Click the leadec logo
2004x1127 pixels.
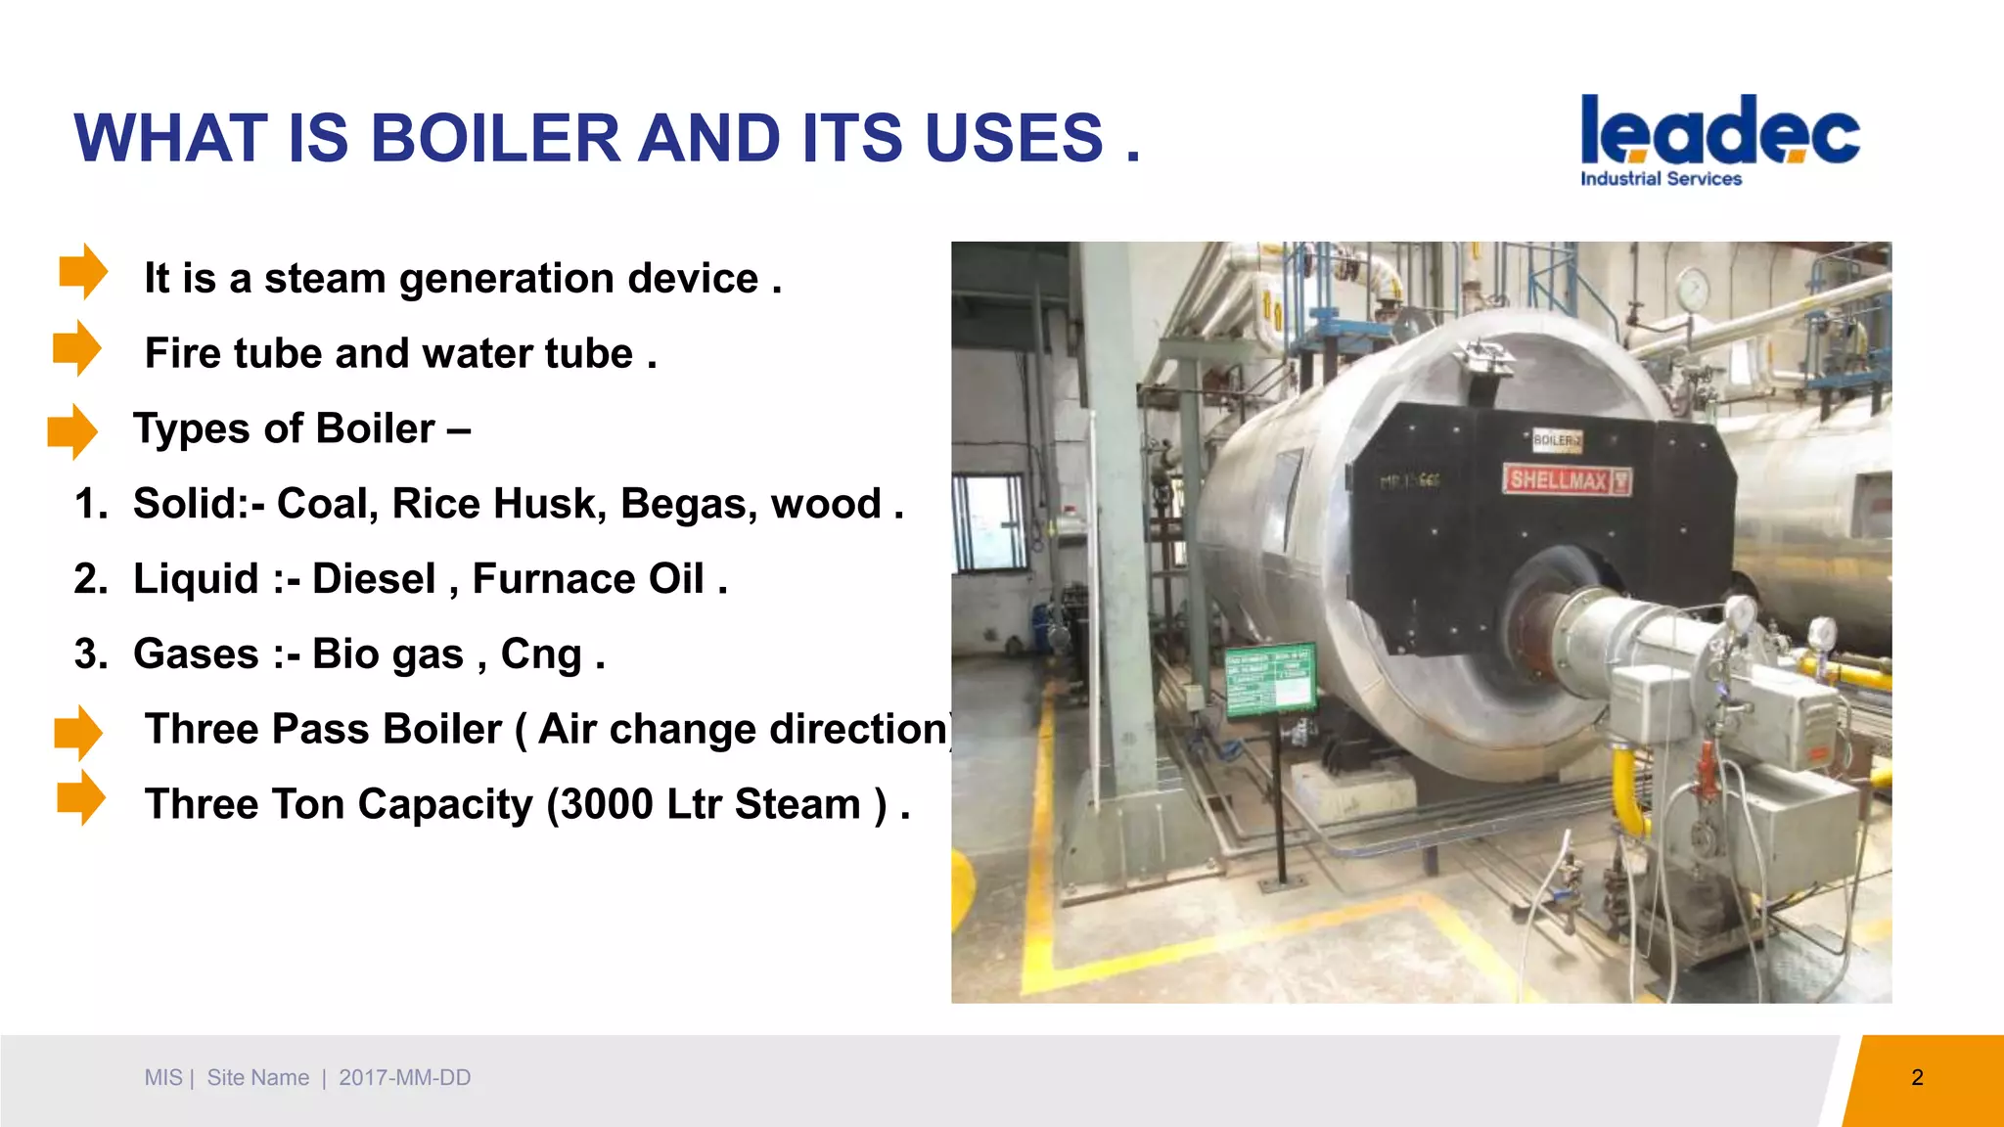click(x=1719, y=131)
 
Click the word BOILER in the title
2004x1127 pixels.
click(x=495, y=138)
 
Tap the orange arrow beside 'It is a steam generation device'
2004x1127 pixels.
click(x=83, y=271)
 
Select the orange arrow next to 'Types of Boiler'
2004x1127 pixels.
click(x=72, y=430)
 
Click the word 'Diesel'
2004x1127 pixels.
click(x=374, y=579)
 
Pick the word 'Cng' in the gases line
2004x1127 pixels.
click(x=541, y=654)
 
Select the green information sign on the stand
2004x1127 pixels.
click(x=1271, y=679)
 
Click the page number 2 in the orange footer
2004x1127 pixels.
click(x=1917, y=1078)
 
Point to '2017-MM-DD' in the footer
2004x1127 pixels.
click(x=404, y=1078)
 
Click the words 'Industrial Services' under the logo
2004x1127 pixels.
click(x=1661, y=179)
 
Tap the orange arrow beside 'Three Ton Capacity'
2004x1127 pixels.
click(x=80, y=797)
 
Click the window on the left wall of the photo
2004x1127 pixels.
click(x=989, y=521)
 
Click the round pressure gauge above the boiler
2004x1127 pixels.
click(x=1692, y=290)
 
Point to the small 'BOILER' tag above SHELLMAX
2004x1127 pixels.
click(x=1557, y=440)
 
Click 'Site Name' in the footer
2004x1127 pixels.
click(x=257, y=1078)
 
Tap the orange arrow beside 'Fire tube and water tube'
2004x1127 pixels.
click(x=77, y=347)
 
